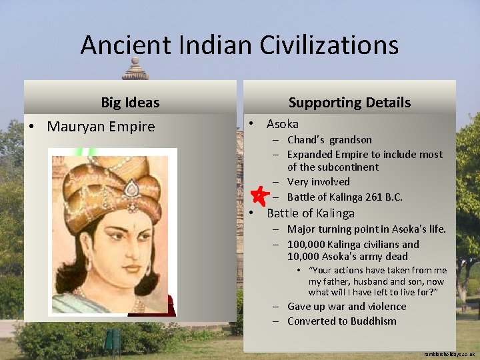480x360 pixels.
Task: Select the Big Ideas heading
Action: point(130,103)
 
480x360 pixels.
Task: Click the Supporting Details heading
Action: point(349,103)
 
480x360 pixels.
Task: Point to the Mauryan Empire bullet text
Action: point(101,127)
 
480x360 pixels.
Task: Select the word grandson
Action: point(350,140)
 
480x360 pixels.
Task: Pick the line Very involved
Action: point(318,182)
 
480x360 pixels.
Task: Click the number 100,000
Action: point(307,244)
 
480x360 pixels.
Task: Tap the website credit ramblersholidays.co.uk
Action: point(449,354)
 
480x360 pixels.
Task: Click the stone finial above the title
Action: point(135,69)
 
